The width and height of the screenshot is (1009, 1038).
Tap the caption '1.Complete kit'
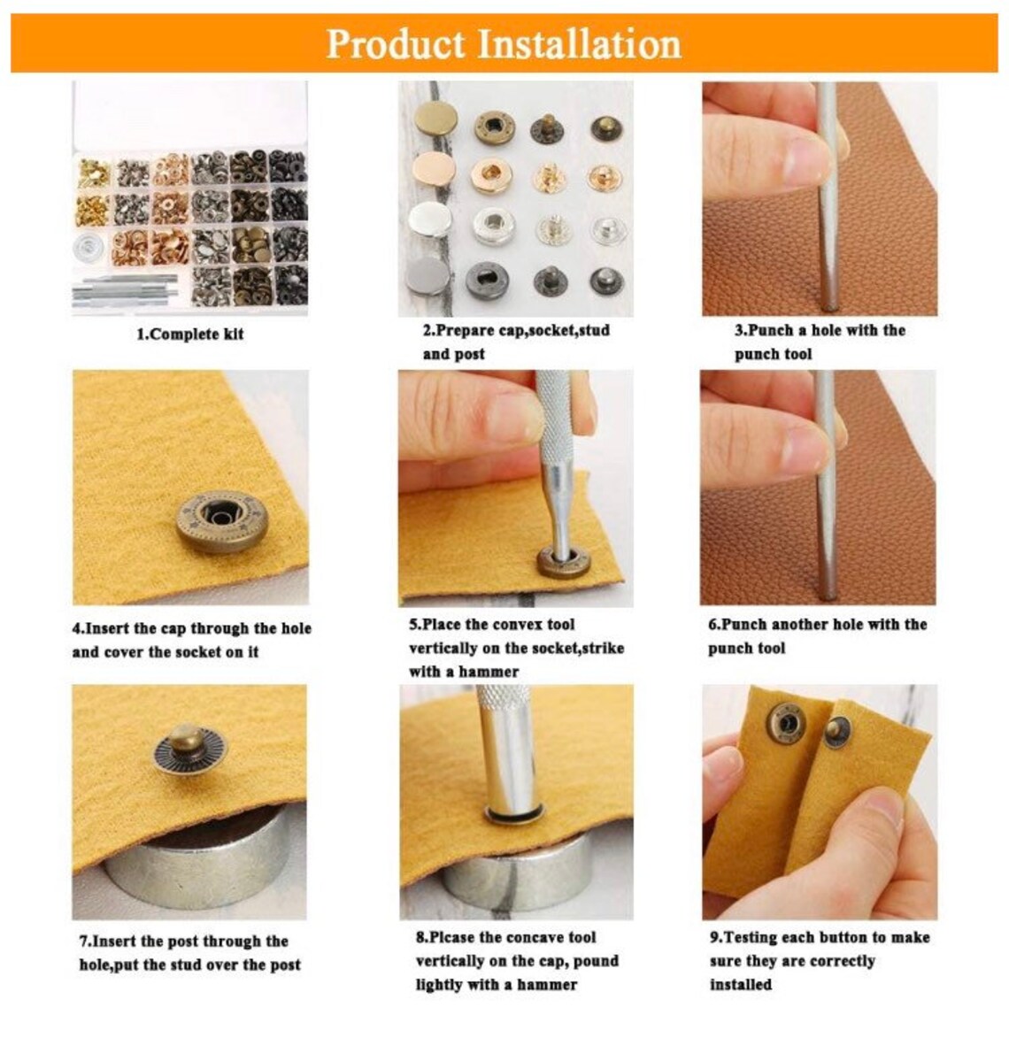point(189,334)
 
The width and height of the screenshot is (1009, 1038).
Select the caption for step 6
point(816,636)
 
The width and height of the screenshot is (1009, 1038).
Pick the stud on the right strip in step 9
point(833,731)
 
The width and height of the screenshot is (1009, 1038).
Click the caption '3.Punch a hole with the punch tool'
point(819,342)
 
